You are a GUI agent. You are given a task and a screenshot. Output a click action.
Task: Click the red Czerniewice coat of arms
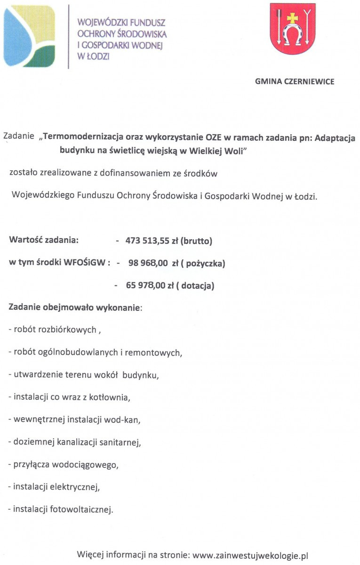point(292,29)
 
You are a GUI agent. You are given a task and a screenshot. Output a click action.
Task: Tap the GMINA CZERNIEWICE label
point(295,81)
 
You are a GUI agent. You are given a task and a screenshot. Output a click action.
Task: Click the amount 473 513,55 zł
point(152,242)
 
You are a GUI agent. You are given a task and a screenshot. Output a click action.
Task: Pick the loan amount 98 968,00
point(148,264)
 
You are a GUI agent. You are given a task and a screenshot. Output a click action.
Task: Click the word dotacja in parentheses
point(197,285)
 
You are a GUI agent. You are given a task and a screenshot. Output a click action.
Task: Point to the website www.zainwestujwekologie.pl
point(250,555)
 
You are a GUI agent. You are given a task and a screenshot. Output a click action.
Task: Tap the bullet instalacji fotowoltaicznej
point(61,509)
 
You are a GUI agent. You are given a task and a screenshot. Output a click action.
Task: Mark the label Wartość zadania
point(43,240)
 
